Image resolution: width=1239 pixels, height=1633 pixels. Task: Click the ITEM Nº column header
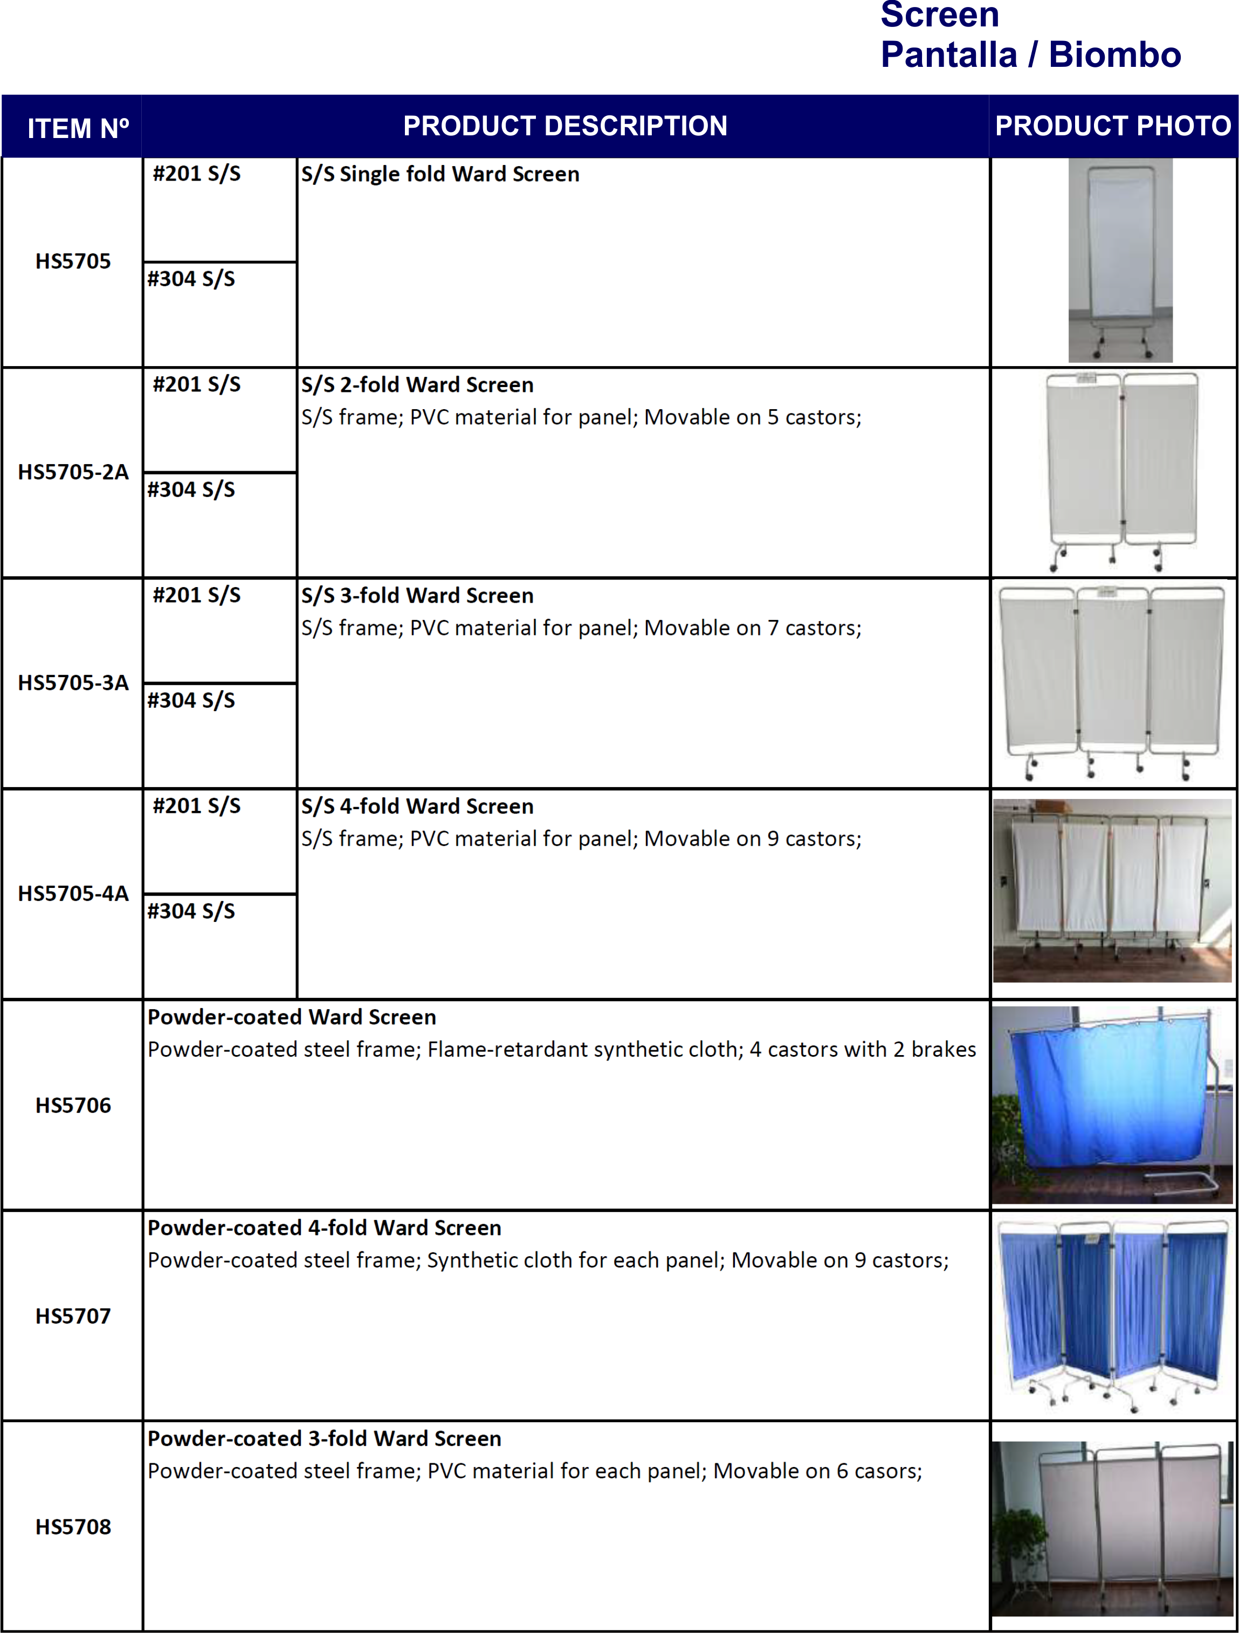pyautogui.click(x=78, y=128)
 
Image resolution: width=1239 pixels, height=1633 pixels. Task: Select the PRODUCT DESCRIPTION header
pyautogui.click(x=565, y=126)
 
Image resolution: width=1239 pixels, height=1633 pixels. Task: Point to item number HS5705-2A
pyautogui.click(x=73, y=472)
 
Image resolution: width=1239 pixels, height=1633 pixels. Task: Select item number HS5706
pyautogui.click(x=73, y=1106)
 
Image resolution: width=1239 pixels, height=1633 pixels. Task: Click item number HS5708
pyautogui.click(x=73, y=1527)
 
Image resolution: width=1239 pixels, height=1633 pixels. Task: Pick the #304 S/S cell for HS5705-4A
pyautogui.click(x=191, y=912)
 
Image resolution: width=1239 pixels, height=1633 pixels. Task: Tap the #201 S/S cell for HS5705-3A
pyautogui.click(x=196, y=596)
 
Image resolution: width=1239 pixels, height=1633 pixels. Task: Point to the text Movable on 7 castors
pyautogui.click(x=753, y=628)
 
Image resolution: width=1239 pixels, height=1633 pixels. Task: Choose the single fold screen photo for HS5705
pyautogui.click(x=1120, y=260)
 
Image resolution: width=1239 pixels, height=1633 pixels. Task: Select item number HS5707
pyautogui.click(x=73, y=1317)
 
